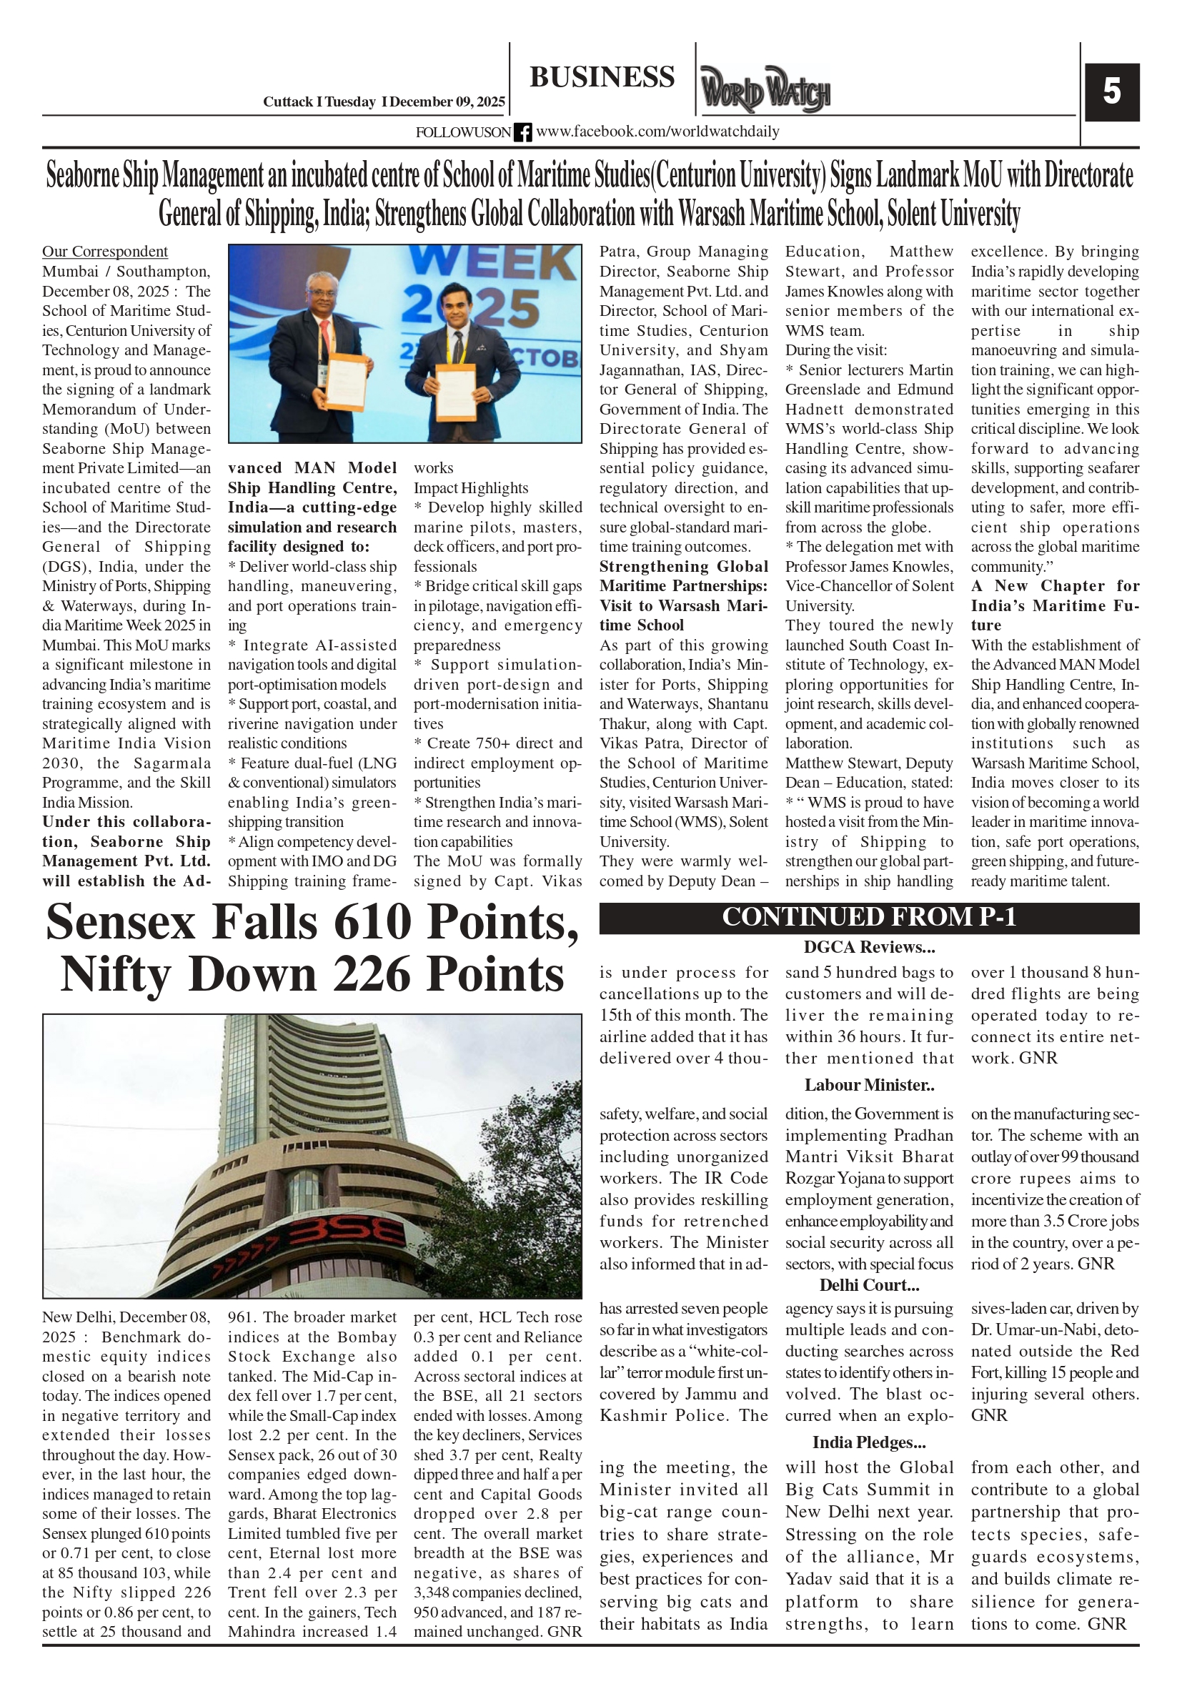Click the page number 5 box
click(x=1111, y=92)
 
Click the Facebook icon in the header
click(x=522, y=132)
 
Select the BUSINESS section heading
click(x=602, y=77)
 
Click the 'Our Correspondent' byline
click(x=104, y=252)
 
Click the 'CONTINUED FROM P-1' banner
click(x=869, y=917)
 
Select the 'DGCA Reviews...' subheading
click(x=869, y=947)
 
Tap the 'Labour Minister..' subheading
click(x=869, y=1085)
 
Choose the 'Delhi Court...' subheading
click(x=869, y=1285)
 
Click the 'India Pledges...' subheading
click(x=869, y=1442)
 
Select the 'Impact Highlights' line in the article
click(x=471, y=487)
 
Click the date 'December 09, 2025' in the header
click(x=447, y=102)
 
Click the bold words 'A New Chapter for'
click(x=1055, y=586)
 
